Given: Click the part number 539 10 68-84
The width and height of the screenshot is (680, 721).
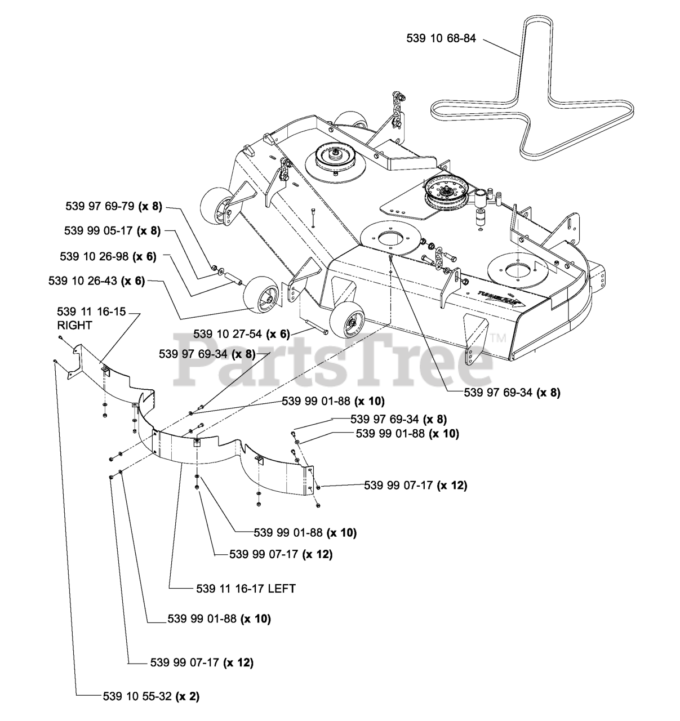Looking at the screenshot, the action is pyautogui.click(x=441, y=38).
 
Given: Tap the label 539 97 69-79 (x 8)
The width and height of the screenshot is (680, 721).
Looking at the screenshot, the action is pyautogui.click(x=114, y=206).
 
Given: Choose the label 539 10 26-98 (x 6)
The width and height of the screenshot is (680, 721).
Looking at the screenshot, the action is pyautogui.click(x=108, y=256).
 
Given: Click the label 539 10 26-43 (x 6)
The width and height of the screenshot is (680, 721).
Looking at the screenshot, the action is pyautogui.click(x=97, y=281).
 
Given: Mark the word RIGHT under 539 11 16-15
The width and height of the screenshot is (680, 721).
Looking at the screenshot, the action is pyautogui.click(x=74, y=325).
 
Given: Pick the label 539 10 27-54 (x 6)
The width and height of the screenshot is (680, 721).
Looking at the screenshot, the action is pyautogui.click(x=242, y=333).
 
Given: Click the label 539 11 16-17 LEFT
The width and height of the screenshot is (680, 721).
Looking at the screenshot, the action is pyautogui.click(x=246, y=588).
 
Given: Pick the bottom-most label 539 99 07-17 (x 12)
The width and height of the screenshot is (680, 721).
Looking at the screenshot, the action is pyautogui.click(x=202, y=662).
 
